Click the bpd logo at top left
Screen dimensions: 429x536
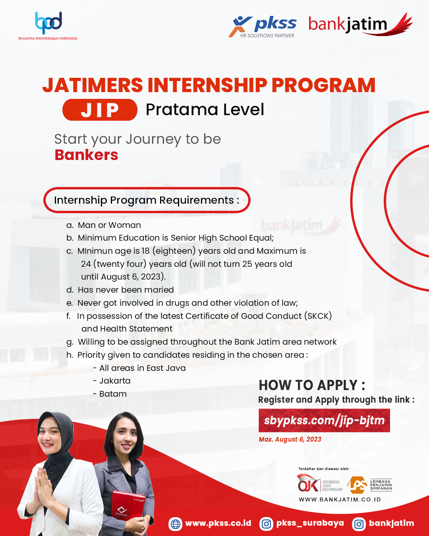(48, 25)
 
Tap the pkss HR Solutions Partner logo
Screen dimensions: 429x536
(263, 27)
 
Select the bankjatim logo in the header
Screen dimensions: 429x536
(360, 24)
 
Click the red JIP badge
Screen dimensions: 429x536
(100, 110)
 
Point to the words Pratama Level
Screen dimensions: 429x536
(205, 110)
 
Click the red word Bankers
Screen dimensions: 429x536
(86, 155)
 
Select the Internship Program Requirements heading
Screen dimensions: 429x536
(147, 200)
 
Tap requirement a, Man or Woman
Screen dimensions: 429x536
(103, 225)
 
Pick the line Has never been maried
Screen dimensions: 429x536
(120, 290)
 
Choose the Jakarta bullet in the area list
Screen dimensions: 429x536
(112, 381)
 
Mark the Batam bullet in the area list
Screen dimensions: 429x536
(110, 394)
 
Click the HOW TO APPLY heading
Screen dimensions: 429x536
(312, 385)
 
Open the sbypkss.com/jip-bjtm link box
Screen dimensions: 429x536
(324, 420)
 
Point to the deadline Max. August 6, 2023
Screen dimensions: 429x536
(290, 440)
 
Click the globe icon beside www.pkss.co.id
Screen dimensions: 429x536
(175, 523)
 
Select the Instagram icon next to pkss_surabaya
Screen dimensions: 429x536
(266, 523)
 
